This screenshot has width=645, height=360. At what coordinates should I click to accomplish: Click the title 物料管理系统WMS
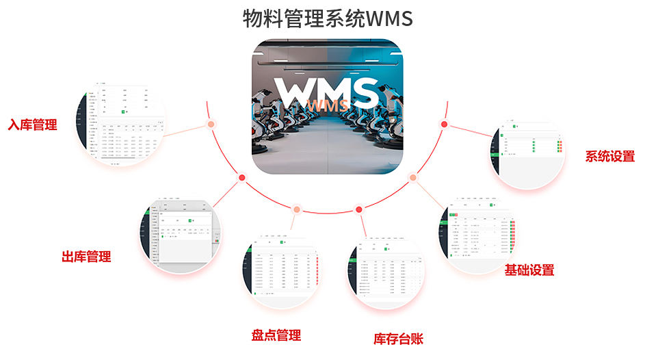pyautogui.click(x=328, y=18)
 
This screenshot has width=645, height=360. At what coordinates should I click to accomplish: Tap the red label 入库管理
pyautogui.click(x=32, y=125)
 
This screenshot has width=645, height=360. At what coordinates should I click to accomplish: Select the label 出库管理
pyautogui.click(x=86, y=257)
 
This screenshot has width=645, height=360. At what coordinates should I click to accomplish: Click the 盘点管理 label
pyautogui.click(x=276, y=335)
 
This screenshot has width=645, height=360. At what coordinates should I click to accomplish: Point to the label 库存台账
pyautogui.click(x=398, y=338)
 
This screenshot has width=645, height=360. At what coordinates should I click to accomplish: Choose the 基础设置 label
pyautogui.click(x=529, y=270)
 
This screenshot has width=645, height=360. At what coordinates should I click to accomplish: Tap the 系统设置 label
pyautogui.click(x=609, y=156)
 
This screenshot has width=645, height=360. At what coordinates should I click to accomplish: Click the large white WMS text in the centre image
pyautogui.click(x=326, y=91)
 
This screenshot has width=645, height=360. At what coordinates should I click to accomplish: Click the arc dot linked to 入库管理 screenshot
pyautogui.click(x=211, y=125)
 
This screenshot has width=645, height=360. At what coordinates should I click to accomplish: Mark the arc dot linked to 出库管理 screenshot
pyautogui.click(x=241, y=177)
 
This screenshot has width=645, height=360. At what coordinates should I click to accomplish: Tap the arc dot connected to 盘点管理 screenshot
pyautogui.click(x=296, y=209)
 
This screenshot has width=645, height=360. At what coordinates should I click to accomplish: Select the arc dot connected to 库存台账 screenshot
pyautogui.click(x=358, y=209)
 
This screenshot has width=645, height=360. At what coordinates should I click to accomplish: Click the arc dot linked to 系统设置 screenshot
pyautogui.click(x=444, y=124)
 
